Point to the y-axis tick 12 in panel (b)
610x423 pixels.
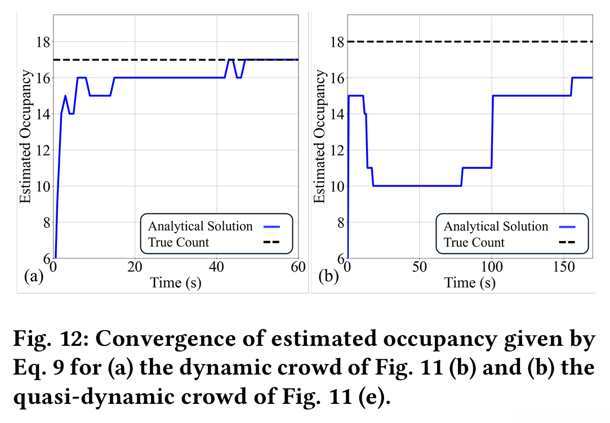click(x=336, y=150)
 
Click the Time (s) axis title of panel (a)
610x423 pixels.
click(x=175, y=282)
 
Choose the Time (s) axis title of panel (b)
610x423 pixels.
click(x=470, y=282)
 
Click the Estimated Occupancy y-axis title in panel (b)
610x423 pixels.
click(x=319, y=136)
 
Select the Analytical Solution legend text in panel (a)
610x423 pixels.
click(x=200, y=226)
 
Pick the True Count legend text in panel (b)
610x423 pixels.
click(x=474, y=243)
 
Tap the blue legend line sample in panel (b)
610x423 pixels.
click(x=566, y=226)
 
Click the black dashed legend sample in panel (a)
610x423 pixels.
click(x=270, y=243)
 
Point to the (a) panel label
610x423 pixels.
click(x=33, y=277)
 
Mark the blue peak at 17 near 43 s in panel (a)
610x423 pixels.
click(x=230, y=60)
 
